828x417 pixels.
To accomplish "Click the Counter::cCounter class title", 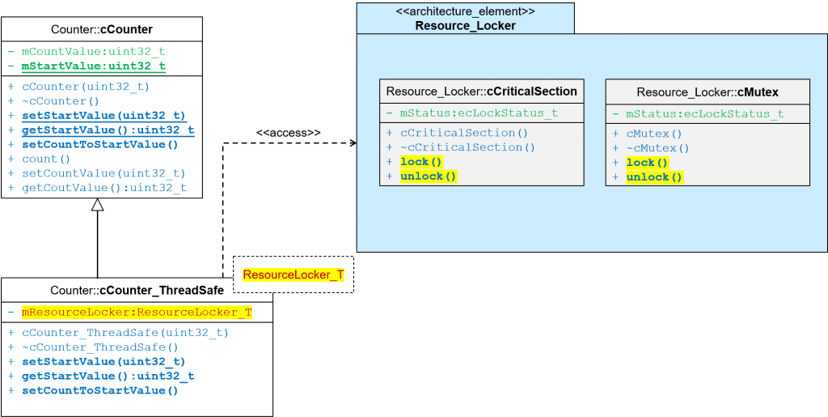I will pyautogui.click(x=101, y=29).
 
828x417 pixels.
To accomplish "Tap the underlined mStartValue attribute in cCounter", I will pyautogui.click(x=93, y=66).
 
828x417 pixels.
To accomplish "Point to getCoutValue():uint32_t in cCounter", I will pyautogui.click(x=103, y=188).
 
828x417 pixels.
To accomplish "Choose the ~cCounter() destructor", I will pyautogui.click(x=60, y=101).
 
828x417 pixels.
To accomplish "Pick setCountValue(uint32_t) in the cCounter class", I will pyautogui.click(x=103, y=173).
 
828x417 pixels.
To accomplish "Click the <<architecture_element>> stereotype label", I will pyautogui.click(x=465, y=12).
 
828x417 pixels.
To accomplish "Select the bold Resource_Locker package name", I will pyautogui.click(x=465, y=26).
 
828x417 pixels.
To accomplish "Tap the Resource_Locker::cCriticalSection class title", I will pyautogui.click(x=481, y=91).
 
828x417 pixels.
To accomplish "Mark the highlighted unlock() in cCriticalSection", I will pyautogui.click(x=428, y=177).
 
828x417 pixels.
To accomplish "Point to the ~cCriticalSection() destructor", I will pyautogui.click(x=467, y=147).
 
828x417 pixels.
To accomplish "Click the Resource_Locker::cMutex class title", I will pyautogui.click(x=707, y=92).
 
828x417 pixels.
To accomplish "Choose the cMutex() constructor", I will pyautogui.click(x=654, y=134).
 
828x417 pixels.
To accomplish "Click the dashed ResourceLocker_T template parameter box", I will pyautogui.click(x=294, y=275).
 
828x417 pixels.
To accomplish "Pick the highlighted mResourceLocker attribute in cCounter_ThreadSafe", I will pyautogui.click(x=136, y=312).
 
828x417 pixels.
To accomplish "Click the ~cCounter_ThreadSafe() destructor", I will pyautogui.click(x=100, y=347).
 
